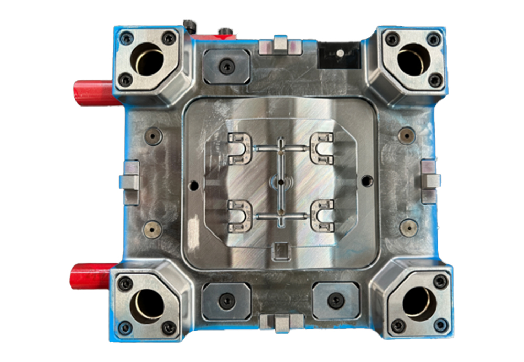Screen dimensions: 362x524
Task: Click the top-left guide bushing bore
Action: [148, 61]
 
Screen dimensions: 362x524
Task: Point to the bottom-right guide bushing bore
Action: [418, 304]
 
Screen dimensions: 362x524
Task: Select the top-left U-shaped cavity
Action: [240, 148]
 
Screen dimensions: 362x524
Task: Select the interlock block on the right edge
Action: [429, 181]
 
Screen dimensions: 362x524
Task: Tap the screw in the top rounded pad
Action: [226, 66]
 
